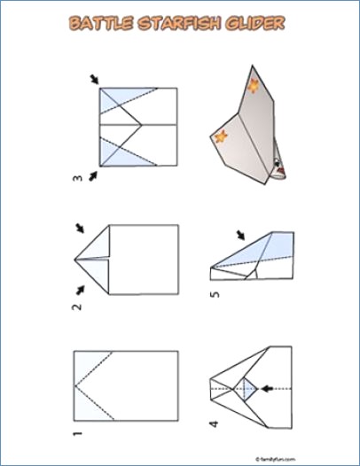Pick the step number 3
coord(77,180)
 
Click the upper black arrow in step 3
coord(95,80)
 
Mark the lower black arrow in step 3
coord(95,174)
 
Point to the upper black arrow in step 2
coord(82,229)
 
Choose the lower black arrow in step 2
coord(82,288)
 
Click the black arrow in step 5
coord(240,235)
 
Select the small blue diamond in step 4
coord(250,387)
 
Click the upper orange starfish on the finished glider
coord(254,86)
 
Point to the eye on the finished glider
coord(277,162)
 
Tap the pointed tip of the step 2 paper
coord(74,259)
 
